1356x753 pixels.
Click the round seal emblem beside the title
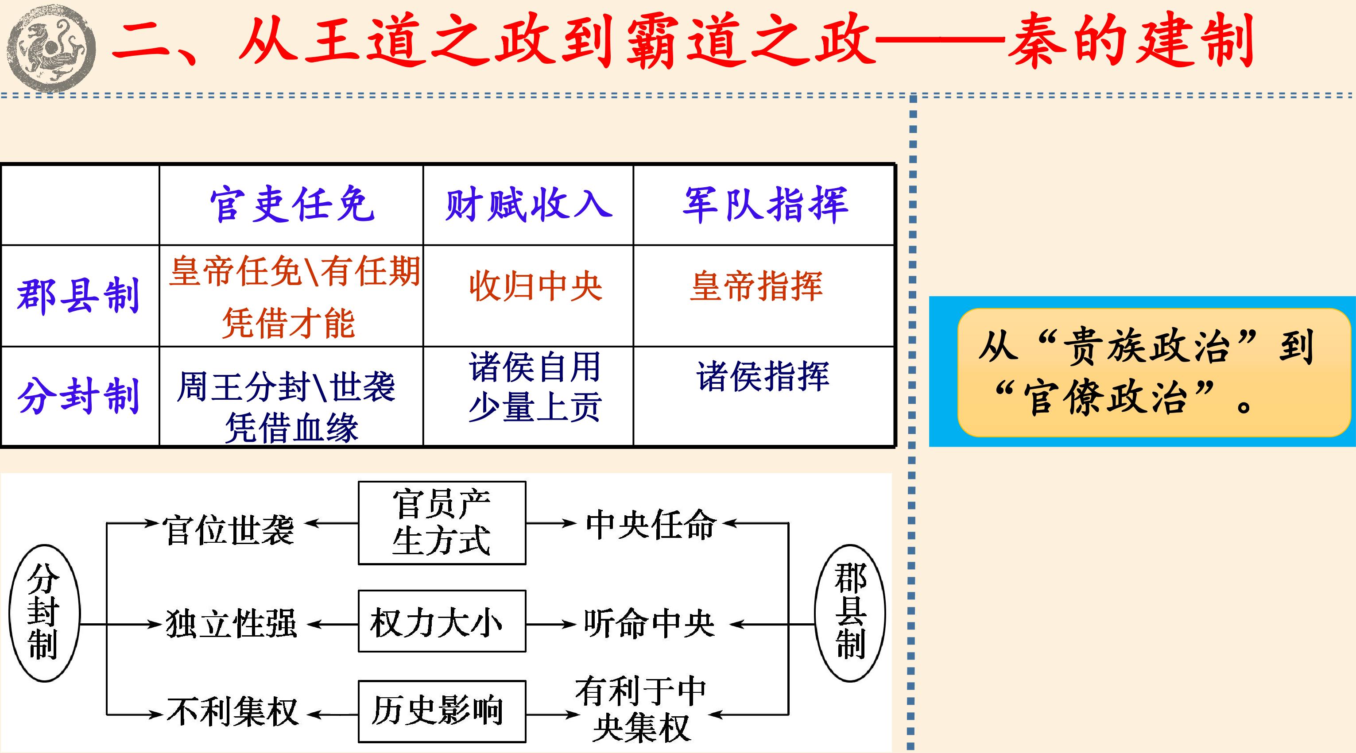click(x=51, y=48)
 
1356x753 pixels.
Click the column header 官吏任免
click(x=292, y=204)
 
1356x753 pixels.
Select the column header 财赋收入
click(x=528, y=204)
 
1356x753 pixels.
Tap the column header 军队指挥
click(x=765, y=204)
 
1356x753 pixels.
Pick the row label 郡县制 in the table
click(x=78, y=295)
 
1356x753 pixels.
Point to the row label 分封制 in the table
click(x=78, y=395)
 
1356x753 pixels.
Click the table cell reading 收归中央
click(x=535, y=287)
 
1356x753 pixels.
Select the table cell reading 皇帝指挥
click(x=756, y=287)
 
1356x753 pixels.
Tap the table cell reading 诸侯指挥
click(x=763, y=376)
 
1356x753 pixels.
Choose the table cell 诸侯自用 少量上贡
click(x=535, y=387)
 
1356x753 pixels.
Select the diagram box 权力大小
click(x=442, y=621)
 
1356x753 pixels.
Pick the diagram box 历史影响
click(x=442, y=711)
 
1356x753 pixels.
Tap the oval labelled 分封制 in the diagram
click(x=44, y=613)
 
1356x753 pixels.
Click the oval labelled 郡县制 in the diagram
click(x=850, y=613)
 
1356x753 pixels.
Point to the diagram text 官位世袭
click(x=229, y=530)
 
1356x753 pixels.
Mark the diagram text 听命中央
click(x=649, y=624)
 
